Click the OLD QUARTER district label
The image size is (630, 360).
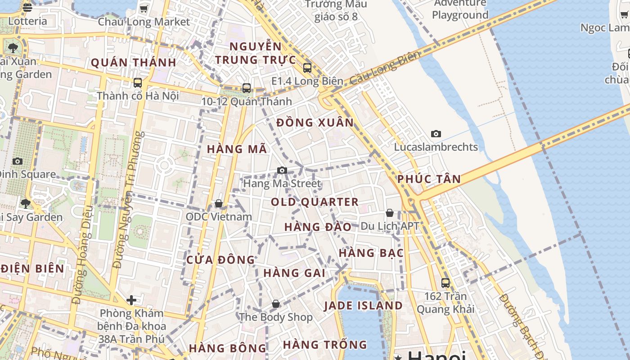[315, 202]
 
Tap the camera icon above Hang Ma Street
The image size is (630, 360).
[282, 170]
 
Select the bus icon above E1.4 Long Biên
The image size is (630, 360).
[307, 68]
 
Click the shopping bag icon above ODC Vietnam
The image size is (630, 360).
[219, 203]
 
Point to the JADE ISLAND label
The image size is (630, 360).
[363, 306]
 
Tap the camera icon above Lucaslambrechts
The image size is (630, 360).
[436, 134]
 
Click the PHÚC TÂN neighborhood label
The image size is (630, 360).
[429, 179]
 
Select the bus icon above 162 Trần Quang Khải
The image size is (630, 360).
[445, 283]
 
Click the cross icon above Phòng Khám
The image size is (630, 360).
[131, 300]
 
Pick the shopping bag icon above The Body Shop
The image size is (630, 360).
[276, 304]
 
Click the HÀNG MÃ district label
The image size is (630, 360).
[237, 149]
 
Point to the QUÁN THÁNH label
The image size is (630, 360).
[134, 63]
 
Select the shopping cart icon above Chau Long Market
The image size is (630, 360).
[144, 9]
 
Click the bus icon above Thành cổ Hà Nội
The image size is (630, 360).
[138, 83]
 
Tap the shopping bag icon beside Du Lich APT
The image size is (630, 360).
[390, 213]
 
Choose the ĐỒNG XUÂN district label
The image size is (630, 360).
[315, 122]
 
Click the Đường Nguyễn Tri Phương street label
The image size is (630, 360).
[128, 200]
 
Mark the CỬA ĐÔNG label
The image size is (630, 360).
[220, 260]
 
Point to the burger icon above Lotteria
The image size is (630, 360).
[27, 8]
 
